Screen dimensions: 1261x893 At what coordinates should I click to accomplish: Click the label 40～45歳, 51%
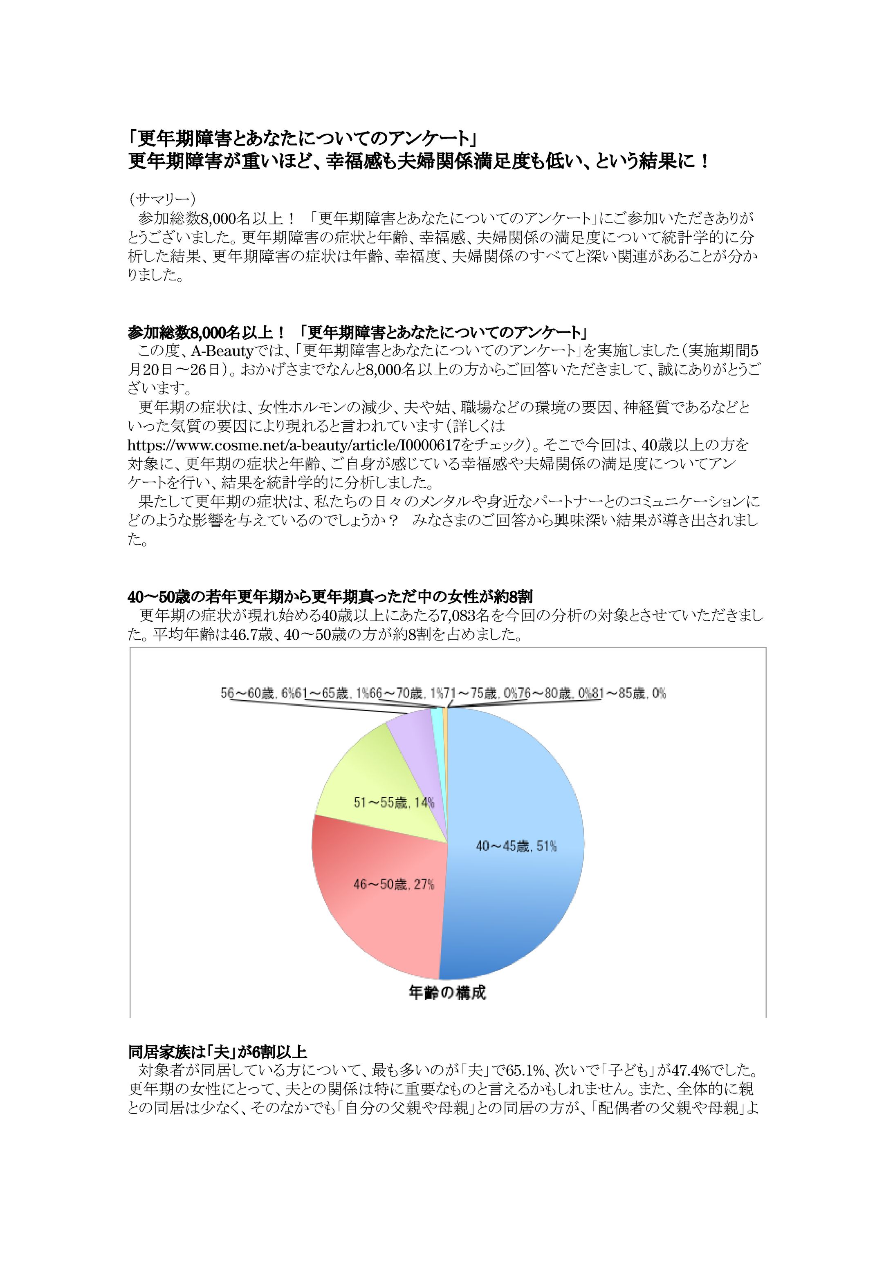coord(516,846)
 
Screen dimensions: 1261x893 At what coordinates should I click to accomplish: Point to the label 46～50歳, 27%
coord(394,885)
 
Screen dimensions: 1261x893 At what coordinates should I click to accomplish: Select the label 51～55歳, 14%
coord(394,802)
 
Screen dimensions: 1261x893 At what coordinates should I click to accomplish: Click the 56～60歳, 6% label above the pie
coord(258,694)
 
